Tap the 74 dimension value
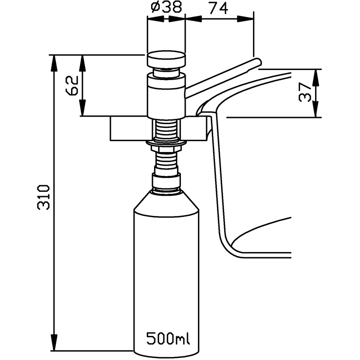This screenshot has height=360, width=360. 218,8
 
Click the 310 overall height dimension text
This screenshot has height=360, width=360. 44,197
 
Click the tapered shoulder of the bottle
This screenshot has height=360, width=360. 166,201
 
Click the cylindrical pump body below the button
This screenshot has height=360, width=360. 165,99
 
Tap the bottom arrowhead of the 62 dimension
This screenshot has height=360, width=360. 83,112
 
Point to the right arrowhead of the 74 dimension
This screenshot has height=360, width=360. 251,18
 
